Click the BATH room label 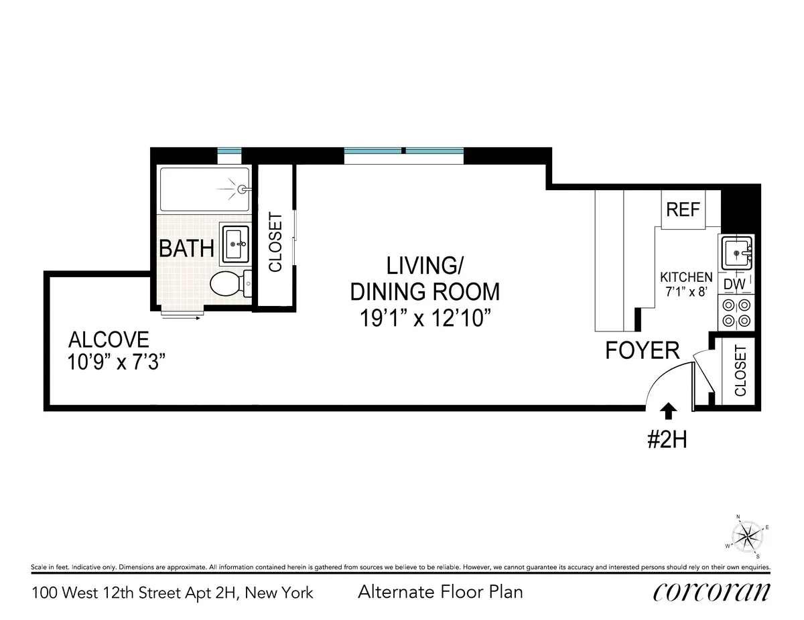point(186,248)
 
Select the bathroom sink point(236,245)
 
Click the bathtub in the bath point(205,190)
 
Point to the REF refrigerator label point(682,210)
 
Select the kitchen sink point(736,252)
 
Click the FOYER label point(643,350)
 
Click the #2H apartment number point(668,440)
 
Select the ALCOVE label point(108,339)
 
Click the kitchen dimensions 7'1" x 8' point(686,291)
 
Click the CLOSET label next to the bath point(275,242)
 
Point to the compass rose point(748,535)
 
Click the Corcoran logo point(710,592)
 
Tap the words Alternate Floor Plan point(440,592)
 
